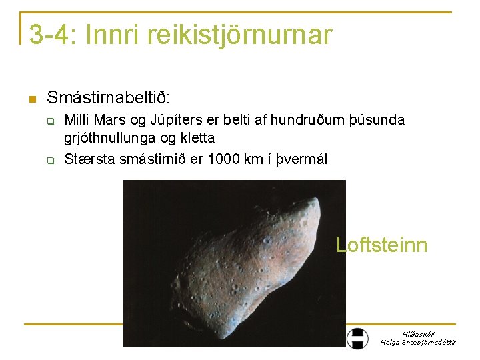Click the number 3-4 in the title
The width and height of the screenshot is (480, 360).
point(51,35)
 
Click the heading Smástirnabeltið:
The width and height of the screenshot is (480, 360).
point(109,98)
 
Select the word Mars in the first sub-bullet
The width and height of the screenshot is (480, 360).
point(108,120)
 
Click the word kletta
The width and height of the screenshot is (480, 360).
point(197,139)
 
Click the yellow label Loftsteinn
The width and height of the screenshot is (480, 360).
point(381,245)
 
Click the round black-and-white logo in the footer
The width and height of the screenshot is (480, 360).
point(358,338)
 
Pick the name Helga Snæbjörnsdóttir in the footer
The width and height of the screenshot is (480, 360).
point(418,342)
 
